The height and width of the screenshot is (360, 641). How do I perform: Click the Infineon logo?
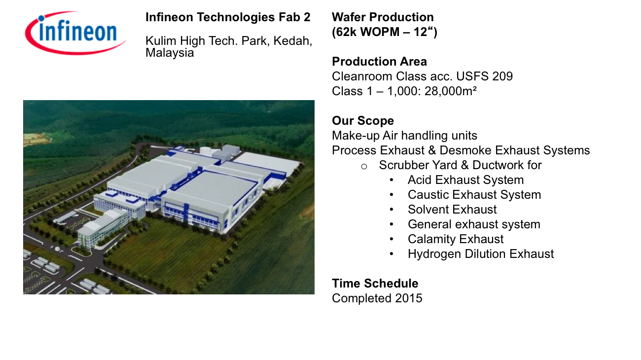pos(75,33)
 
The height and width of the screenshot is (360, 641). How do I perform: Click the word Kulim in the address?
pos(161,41)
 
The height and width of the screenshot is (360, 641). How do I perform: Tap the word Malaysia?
pos(170,53)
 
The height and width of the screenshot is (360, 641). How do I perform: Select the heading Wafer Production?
pos(383,17)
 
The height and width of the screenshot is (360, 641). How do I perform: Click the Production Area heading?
pos(380,62)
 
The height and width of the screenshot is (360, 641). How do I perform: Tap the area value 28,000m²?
pos(450,91)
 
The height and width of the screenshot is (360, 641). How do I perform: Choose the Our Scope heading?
pos(363,121)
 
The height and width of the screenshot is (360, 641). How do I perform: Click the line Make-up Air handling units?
pos(405,136)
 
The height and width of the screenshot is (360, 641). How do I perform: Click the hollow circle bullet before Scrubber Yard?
pos(364,167)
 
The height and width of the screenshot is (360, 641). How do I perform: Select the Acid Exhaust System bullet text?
pos(466,180)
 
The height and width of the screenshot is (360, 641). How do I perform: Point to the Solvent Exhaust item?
pos(452,210)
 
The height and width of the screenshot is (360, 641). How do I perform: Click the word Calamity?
pos(431,239)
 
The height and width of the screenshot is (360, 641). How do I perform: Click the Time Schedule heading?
pos(375,284)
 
